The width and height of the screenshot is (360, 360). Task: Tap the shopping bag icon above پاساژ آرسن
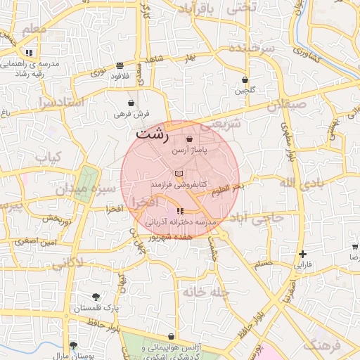point(190,139)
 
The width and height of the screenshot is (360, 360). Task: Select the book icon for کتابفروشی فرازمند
point(179,172)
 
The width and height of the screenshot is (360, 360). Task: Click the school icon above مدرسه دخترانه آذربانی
point(180,211)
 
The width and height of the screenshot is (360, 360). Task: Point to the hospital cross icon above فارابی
point(302,254)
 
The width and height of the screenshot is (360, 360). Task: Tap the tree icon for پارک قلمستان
point(96,296)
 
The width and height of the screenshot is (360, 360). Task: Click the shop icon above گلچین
point(245,79)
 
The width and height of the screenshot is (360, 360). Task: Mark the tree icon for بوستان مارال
point(73,345)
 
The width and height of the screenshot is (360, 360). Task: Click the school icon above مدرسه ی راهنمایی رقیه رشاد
point(29,53)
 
